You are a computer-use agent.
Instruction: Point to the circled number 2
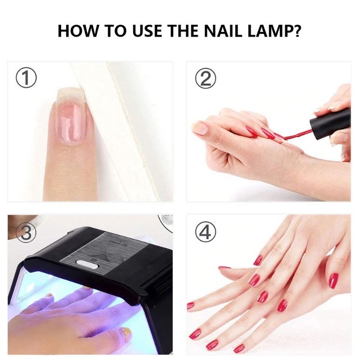205,78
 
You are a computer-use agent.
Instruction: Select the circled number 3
26,232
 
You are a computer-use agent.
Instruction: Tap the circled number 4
205,232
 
